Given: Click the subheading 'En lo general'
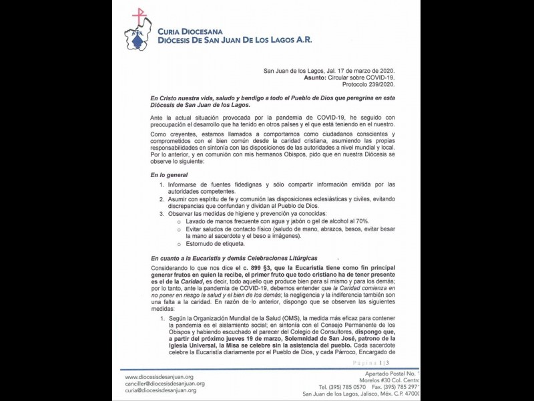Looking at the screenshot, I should (170, 175).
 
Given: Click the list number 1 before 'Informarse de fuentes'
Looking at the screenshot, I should (162, 184).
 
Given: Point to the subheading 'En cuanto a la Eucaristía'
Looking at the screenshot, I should (234, 258).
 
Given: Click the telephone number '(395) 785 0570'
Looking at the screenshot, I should (342, 387).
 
